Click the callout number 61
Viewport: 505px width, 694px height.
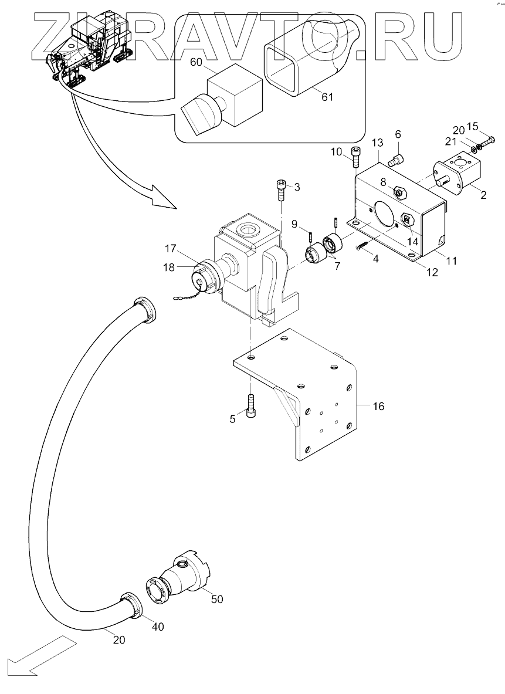(x=327, y=96)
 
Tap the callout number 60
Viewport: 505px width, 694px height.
(x=196, y=62)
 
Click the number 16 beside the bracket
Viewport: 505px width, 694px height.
(x=378, y=406)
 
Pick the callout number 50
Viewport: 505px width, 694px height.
(x=217, y=599)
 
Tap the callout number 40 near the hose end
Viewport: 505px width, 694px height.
(x=158, y=627)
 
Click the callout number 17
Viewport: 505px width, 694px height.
(x=171, y=249)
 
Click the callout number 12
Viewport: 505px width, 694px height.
(x=432, y=272)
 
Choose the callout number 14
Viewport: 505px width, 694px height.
(x=412, y=242)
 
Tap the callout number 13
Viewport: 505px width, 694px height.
(x=377, y=143)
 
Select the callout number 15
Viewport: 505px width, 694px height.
(x=473, y=126)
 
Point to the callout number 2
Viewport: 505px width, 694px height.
(x=483, y=195)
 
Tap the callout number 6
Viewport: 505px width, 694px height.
(x=398, y=134)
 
